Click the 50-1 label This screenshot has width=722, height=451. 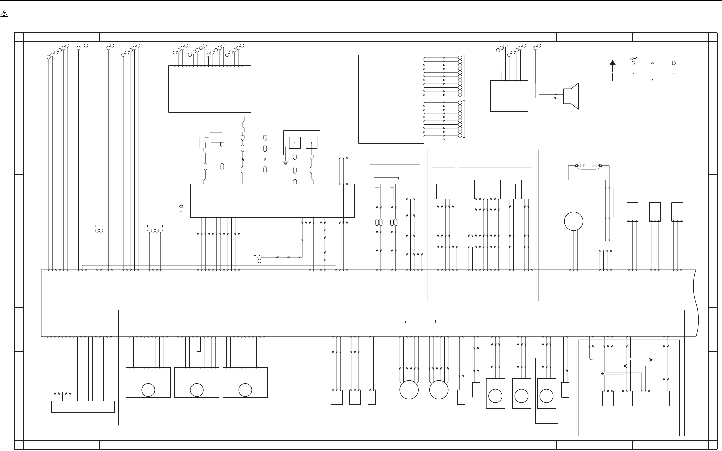pos(633,58)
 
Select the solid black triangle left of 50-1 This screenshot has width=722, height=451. pos(613,63)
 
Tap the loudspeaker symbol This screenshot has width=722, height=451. pos(571,96)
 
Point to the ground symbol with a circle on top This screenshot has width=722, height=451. pos(181,208)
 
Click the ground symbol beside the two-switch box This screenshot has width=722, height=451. pos(286,163)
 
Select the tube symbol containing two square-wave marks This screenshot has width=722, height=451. pos(588,165)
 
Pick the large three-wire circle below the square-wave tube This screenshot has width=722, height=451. pos(574,221)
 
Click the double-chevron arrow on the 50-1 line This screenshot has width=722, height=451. pos(653,63)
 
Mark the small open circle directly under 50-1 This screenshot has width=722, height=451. pos(633,63)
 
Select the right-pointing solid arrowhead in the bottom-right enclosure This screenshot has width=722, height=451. pos(651,360)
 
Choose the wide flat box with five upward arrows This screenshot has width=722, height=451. pos(83,407)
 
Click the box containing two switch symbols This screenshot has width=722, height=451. pos(302,143)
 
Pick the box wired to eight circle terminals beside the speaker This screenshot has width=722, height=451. pos(509,96)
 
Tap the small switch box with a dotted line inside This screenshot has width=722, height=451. pos(205,142)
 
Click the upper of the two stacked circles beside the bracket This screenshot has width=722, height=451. pos(259,257)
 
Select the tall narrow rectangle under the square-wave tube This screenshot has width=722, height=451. pos(607,203)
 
